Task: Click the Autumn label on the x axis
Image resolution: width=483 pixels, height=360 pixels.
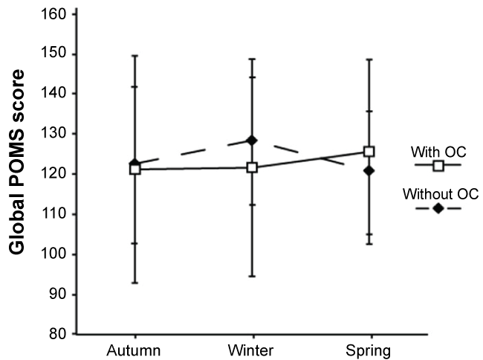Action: tap(134, 349)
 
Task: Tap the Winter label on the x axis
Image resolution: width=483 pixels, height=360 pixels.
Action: tap(252, 349)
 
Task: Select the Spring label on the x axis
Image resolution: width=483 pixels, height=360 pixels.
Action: tap(369, 349)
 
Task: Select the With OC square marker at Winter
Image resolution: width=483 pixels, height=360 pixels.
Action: tap(252, 167)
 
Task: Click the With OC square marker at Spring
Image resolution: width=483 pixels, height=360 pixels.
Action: tap(369, 152)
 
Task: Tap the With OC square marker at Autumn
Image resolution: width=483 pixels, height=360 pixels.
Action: tap(134, 169)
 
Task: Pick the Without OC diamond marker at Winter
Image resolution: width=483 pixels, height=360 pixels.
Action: tap(252, 140)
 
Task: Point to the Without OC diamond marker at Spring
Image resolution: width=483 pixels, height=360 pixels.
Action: tap(369, 170)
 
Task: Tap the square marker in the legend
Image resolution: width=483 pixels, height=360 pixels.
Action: tap(438, 164)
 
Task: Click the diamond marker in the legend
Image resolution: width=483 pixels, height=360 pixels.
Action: tap(438, 208)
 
